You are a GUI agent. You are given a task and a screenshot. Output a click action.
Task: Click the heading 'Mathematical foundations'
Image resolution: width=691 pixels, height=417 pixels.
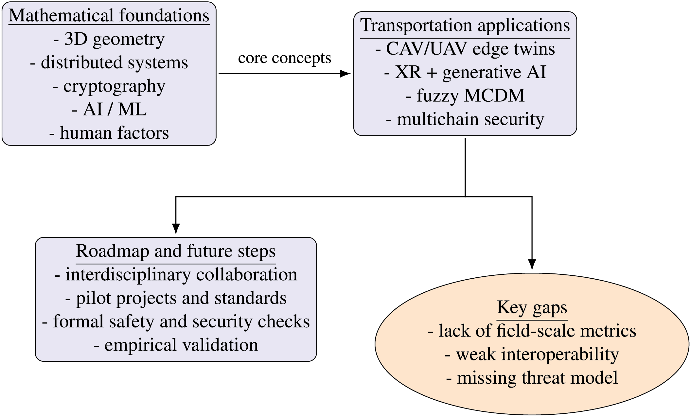[109, 15]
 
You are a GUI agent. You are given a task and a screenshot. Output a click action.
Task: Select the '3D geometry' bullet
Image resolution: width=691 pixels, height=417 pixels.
[109, 40]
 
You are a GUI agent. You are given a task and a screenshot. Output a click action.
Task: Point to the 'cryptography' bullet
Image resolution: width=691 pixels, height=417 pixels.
[109, 87]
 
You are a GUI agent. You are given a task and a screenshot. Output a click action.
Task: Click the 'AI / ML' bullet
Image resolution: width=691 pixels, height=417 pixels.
[109, 109]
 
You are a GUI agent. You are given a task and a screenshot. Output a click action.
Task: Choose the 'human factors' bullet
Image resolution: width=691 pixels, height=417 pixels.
[109, 133]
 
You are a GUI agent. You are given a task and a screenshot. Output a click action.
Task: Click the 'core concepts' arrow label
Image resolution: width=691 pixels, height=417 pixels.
[285, 58]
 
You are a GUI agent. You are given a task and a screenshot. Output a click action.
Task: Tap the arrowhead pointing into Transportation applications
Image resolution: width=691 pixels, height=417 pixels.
[345, 74]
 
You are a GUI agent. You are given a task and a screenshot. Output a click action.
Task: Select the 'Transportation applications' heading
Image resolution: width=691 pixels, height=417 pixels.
[465, 25]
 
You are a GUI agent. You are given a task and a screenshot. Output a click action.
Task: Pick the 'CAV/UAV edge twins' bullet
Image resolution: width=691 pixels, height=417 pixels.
[465, 49]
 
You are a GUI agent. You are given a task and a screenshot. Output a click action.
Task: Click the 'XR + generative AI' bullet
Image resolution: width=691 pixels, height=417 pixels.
[465, 72]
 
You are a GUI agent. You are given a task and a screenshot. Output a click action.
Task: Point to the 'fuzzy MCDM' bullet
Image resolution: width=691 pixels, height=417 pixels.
[465, 96]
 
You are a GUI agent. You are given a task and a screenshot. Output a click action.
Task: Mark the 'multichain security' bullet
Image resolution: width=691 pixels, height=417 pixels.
[465, 119]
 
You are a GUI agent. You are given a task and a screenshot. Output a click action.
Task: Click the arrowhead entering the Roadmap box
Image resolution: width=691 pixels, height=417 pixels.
[176, 229]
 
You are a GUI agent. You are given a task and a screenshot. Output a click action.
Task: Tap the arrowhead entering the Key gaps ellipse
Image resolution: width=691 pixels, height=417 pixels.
[532, 265]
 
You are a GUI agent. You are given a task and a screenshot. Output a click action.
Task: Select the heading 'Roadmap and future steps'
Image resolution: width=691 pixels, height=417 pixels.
[176, 251]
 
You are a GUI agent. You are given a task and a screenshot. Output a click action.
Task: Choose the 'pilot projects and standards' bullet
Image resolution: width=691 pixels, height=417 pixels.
[176, 298]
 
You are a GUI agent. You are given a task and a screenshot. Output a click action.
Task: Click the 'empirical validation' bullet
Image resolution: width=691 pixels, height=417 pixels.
[176, 345]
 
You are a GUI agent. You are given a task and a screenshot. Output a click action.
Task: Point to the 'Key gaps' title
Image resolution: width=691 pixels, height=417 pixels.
[532, 308]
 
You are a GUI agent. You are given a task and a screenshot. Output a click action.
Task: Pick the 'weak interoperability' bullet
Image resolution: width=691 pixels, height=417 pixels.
[532, 355]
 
